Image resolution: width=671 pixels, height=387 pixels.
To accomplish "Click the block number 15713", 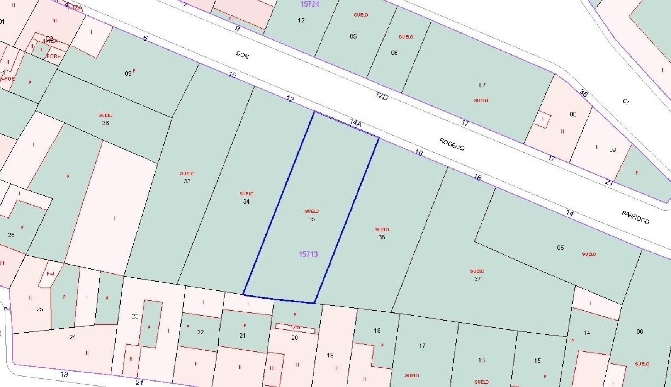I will tap(308, 254).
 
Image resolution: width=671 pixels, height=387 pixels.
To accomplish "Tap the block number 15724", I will tap(310, 4).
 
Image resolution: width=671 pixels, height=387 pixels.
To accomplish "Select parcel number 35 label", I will tap(311, 219).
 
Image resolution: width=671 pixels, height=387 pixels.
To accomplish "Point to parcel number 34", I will tap(246, 202).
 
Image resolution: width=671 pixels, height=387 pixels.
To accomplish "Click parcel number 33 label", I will tap(187, 181).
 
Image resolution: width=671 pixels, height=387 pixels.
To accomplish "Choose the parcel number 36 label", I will tap(382, 237).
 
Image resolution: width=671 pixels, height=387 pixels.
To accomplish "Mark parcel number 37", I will tap(477, 279).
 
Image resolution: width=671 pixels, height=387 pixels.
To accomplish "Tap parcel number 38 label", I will tap(106, 123).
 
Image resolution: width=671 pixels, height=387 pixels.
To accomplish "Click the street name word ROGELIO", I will tap(452, 144).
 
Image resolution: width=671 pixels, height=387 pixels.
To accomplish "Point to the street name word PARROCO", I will tap(635, 217).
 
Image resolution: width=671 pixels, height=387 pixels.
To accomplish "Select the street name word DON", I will tap(242, 55).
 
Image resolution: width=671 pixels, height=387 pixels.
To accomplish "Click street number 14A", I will tap(355, 123).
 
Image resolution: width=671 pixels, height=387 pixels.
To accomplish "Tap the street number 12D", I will tap(381, 96).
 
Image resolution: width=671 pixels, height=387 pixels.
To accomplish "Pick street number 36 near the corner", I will tap(583, 93).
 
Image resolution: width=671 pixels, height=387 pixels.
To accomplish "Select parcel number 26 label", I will tap(11, 235).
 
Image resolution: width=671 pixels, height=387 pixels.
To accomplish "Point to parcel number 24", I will tap(72, 337).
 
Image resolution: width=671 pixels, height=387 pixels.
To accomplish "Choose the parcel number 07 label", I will tap(482, 85).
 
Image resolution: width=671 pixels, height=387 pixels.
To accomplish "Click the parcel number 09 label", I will tap(612, 150).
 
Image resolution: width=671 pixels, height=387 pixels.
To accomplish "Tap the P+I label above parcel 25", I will tap(50, 274).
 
